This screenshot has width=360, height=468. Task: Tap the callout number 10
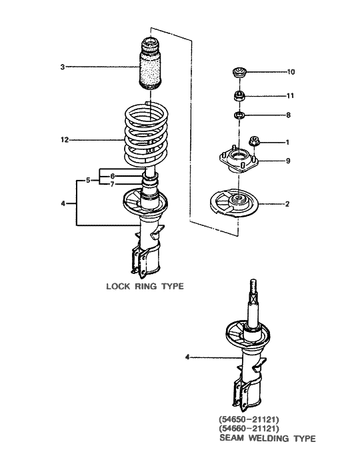tap(290, 71)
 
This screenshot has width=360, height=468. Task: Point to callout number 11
tap(290, 96)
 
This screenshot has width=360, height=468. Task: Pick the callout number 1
tap(287, 142)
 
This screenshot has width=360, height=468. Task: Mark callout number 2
tap(287, 204)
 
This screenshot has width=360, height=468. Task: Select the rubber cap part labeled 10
tap(237, 71)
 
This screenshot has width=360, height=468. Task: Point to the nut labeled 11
tap(237, 96)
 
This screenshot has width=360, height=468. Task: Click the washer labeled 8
tap(237, 116)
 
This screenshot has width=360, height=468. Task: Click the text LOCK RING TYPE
tap(145, 287)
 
